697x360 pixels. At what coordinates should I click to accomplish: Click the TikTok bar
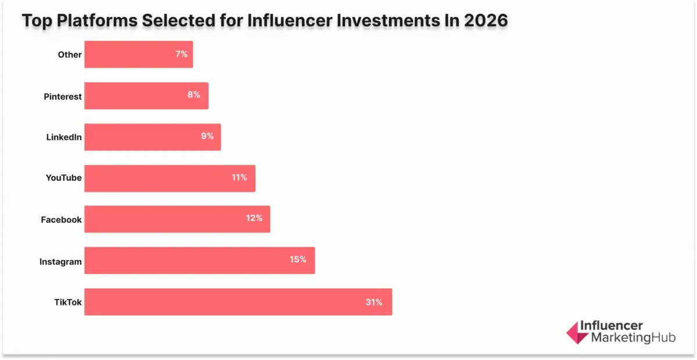click(238, 302)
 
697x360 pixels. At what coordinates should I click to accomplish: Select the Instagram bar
click(199, 260)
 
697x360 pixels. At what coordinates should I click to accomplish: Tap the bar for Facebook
click(177, 219)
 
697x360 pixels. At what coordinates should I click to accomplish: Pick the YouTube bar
click(170, 178)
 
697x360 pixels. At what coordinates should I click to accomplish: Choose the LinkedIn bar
click(152, 137)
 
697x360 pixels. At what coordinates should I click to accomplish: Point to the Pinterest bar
click(146, 96)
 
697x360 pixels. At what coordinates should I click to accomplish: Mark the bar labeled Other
click(138, 55)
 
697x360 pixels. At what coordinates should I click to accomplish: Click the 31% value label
click(373, 302)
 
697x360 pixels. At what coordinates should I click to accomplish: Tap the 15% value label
click(298, 260)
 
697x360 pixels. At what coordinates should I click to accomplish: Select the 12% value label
click(254, 218)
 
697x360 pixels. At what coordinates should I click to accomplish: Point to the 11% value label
click(239, 178)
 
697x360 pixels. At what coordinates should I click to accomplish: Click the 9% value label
click(207, 136)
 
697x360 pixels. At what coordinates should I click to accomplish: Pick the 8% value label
click(193, 95)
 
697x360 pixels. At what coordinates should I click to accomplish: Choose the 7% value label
click(181, 54)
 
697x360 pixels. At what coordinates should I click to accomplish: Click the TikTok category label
click(67, 303)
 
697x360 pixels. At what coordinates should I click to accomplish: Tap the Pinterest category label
click(63, 96)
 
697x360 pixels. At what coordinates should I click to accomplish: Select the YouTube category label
click(63, 178)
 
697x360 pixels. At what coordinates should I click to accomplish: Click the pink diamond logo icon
click(577, 332)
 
